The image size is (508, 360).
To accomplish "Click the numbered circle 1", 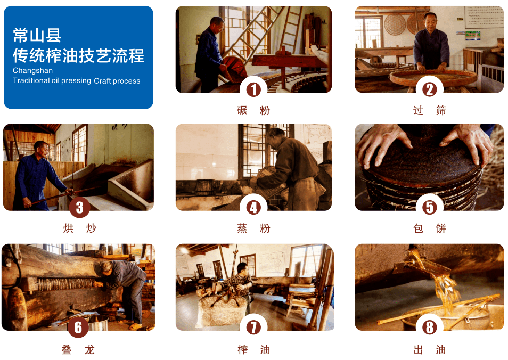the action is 253,89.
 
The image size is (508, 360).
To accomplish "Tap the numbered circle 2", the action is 430,89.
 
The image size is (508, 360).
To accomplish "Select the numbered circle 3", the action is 79,207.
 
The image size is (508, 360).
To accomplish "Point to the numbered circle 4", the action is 253,207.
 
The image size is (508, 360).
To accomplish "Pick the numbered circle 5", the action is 430,207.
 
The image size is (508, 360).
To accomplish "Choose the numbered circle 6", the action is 78,328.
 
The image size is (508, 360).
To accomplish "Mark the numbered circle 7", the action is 253,328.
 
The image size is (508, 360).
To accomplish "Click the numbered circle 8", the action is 430,328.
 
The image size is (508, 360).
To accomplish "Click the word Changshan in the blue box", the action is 32,71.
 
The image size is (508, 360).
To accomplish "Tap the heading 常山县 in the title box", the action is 37,35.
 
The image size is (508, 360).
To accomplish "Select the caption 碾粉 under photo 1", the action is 253,110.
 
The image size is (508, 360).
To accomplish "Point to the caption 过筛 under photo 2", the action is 430,110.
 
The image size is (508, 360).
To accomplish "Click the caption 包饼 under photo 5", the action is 430,228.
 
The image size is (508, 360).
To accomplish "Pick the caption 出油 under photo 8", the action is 430,350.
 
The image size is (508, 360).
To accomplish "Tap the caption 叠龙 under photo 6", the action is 78,350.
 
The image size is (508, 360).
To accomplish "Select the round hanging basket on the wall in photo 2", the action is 395,24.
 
